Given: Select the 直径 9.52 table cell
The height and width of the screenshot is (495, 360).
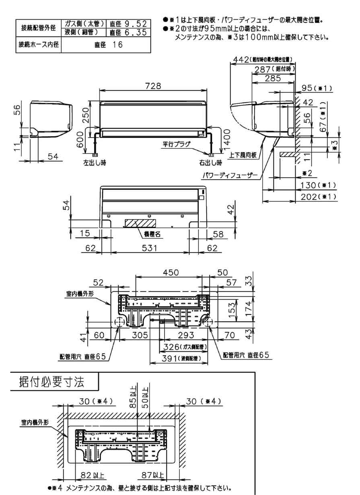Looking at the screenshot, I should click(128, 23).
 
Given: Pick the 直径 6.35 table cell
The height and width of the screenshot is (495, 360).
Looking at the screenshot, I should click(128, 32).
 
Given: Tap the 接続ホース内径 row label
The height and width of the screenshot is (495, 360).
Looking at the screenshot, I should click(37, 45).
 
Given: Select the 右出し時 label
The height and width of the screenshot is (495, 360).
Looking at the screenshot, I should click(210, 163).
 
